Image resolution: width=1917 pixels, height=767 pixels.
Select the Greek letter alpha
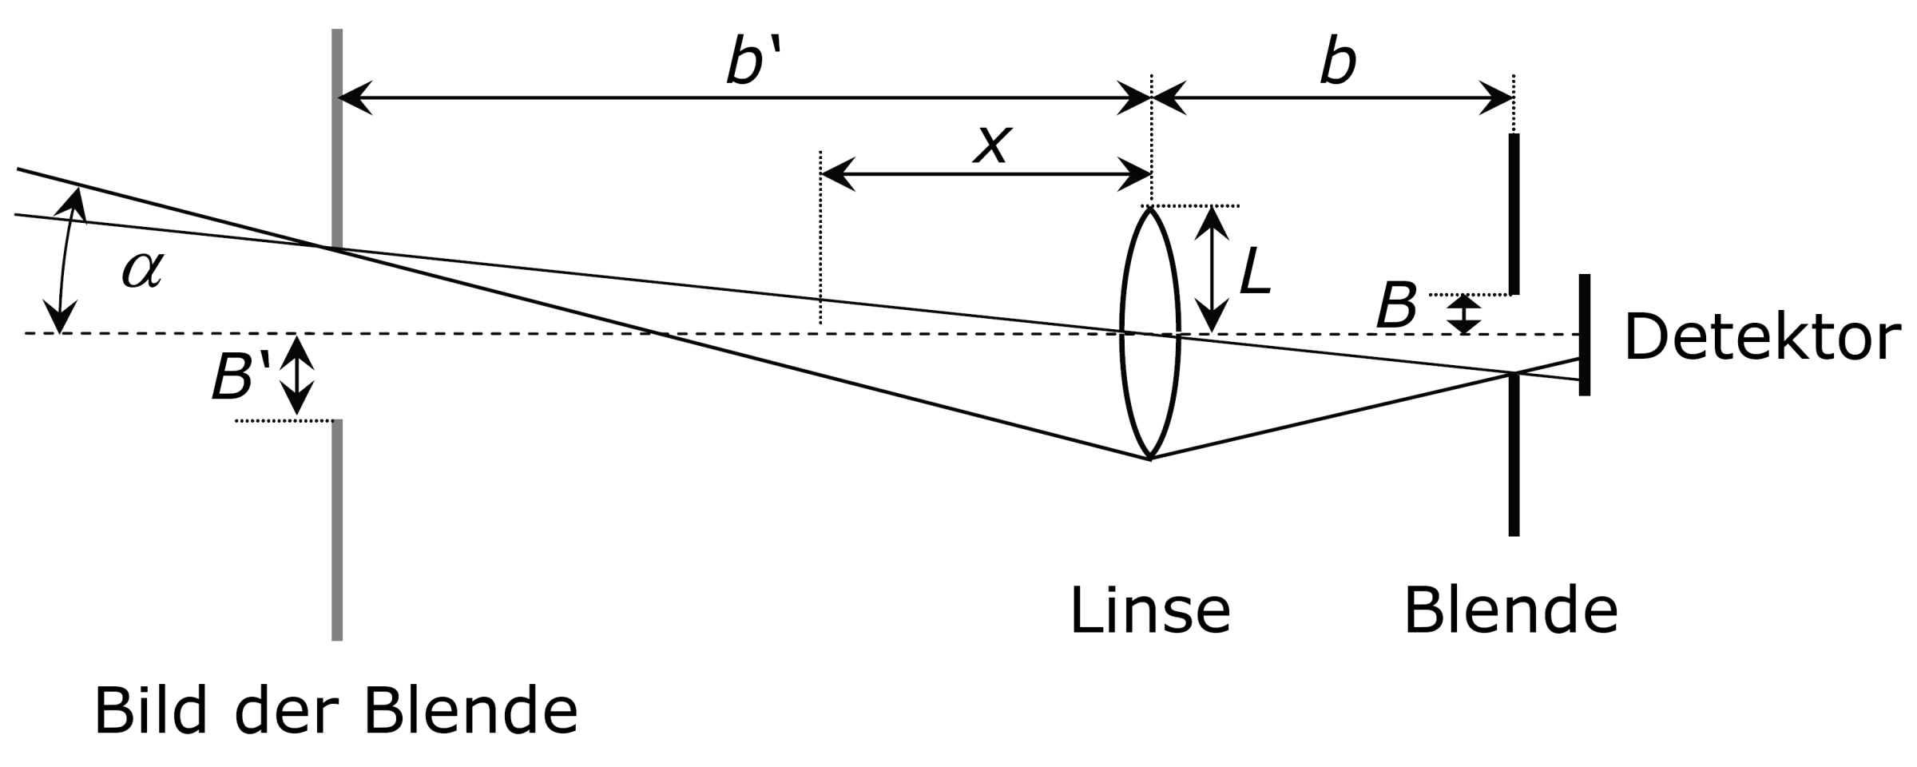[x=142, y=269]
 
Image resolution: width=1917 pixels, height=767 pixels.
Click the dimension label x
[x=992, y=145]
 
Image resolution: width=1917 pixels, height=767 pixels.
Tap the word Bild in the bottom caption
[x=151, y=711]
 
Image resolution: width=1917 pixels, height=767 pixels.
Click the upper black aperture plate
[x=1514, y=214]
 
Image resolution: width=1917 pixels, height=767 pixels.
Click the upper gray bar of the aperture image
[x=337, y=140]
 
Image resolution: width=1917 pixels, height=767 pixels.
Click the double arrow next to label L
[x=1212, y=269]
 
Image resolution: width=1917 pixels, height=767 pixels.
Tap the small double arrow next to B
[x=1464, y=315]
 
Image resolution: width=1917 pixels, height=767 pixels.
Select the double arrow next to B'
[x=296, y=376]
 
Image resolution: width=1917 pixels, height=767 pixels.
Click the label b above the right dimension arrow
[x=1337, y=62]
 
